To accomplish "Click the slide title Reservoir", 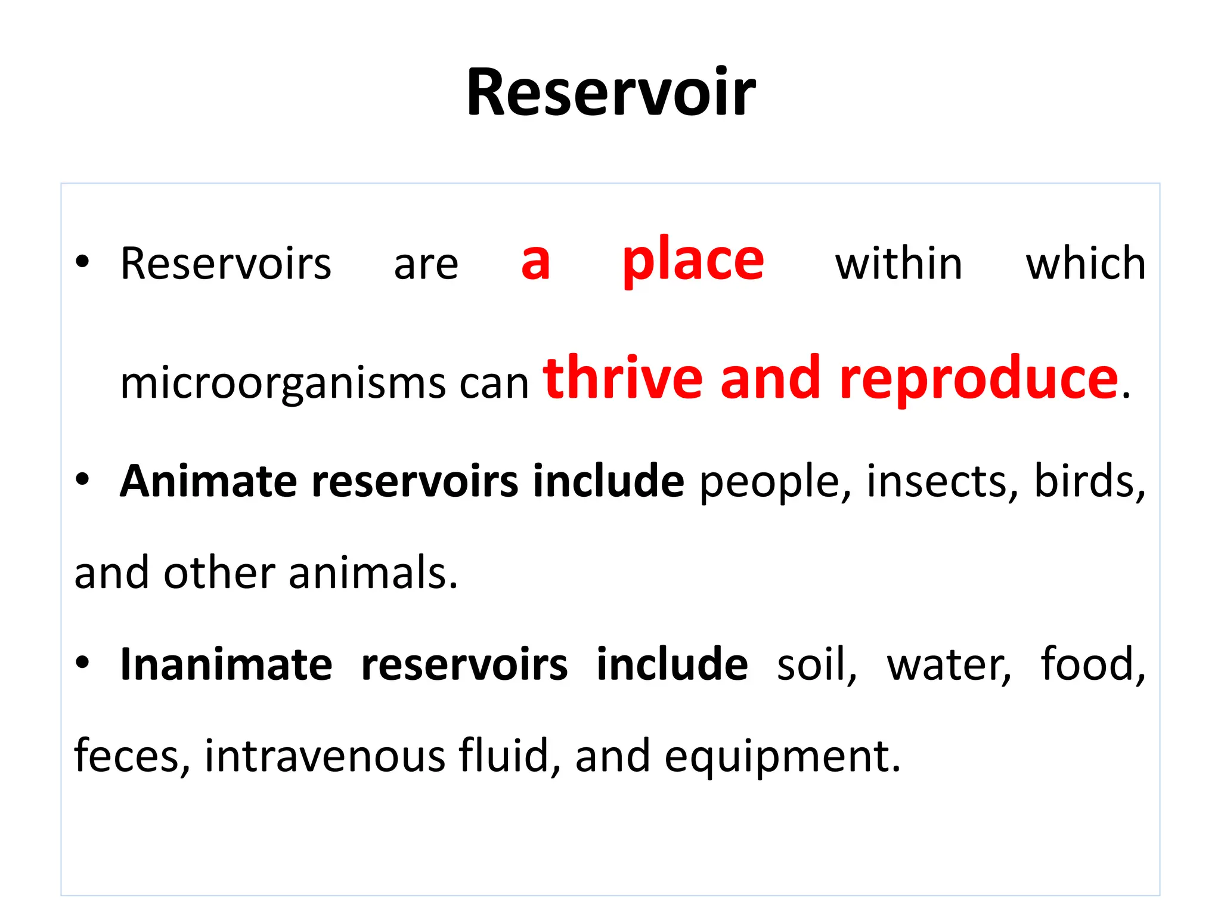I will click(x=610, y=93).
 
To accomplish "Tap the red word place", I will click(x=693, y=260).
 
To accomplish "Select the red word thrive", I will click(x=623, y=378).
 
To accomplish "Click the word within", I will click(x=898, y=264).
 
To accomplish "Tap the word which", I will click(x=1085, y=264).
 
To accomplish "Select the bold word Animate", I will click(x=209, y=481).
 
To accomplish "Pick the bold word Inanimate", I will click(x=226, y=664).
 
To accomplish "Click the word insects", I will click(x=942, y=481).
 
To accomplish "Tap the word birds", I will click(x=1088, y=481).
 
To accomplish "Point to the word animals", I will click(x=373, y=572).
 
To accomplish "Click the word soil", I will click(x=816, y=664).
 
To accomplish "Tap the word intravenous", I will click(x=325, y=756).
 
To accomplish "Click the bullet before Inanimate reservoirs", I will click(x=82, y=662).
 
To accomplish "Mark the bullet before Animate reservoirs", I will click(x=82, y=479).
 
